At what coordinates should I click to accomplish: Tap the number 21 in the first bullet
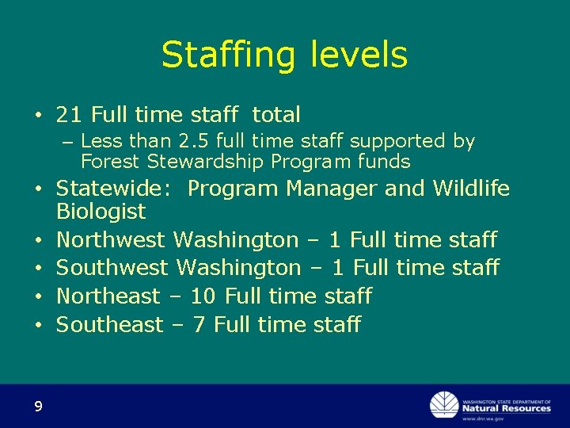(70, 115)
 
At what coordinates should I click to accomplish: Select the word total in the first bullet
(276, 115)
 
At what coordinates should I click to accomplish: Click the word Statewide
(117, 189)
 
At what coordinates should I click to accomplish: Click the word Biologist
(101, 212)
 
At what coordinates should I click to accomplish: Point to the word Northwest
(111, 239)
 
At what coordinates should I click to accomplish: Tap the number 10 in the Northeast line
(203, 296)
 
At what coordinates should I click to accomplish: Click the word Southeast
(109, 325)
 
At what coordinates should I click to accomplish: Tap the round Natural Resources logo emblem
(443, 405)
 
